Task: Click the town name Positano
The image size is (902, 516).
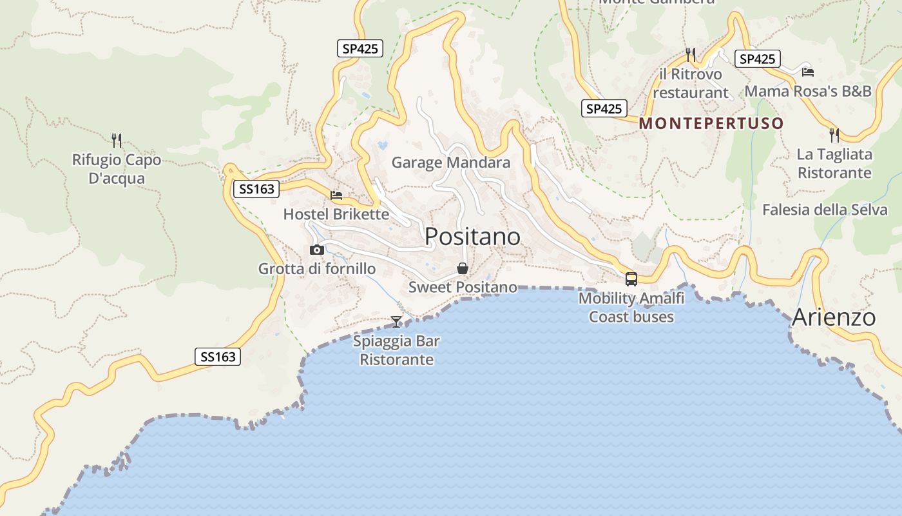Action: (472, 237)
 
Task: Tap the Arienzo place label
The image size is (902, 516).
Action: (834, 317)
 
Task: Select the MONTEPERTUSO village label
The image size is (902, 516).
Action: (711, 123)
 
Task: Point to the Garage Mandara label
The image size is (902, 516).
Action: (451, 163)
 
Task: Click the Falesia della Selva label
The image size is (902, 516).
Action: (825, 210)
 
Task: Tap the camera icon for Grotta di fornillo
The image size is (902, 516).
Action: (316, 250)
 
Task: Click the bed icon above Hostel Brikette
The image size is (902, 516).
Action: (336, 195)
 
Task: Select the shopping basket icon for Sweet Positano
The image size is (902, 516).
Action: (462, 268)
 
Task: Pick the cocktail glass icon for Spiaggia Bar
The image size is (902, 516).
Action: (396, 321)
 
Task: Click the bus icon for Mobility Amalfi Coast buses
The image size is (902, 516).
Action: (631, 279)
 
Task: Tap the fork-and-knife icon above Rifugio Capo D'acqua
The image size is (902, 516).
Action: (117, 140)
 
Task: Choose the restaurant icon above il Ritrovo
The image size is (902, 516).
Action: (691, 54)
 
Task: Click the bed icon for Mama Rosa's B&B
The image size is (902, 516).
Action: (808, 72)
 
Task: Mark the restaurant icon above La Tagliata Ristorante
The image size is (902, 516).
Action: (834, 135)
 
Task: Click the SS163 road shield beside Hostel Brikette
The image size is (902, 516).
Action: (256, 189)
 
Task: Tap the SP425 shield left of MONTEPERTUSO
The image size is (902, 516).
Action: (604, 109)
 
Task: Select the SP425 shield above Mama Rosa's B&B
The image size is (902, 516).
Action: (757, 59)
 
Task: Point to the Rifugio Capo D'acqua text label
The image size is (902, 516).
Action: (117, 169)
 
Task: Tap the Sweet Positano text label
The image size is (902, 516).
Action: (463, 287)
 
